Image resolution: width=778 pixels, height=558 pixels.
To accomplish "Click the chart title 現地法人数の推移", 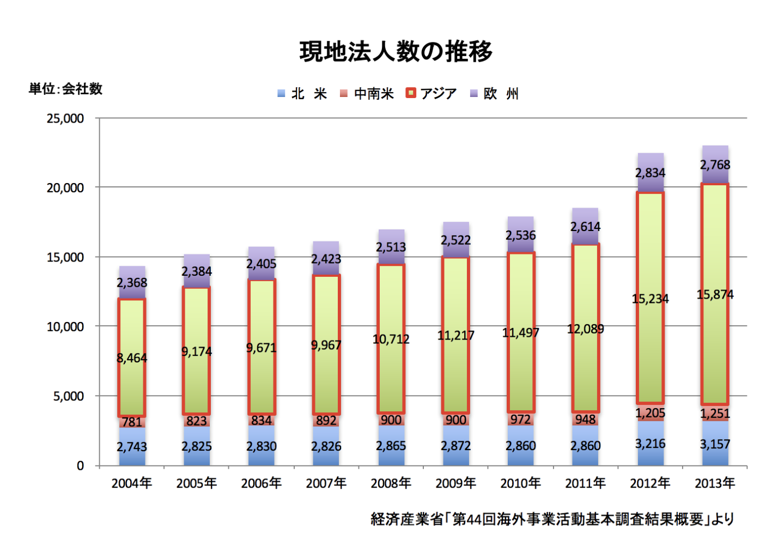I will pos(396,52).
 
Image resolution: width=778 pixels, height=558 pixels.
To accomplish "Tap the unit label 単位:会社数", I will pos(65,89).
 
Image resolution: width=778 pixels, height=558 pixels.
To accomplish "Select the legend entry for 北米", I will pos(302,94).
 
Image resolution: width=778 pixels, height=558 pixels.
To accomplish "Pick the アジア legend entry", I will pos(431,94).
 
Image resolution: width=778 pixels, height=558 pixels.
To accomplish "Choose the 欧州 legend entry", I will pos(495,94).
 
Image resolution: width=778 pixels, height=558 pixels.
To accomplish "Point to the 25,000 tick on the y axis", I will pos(65,118).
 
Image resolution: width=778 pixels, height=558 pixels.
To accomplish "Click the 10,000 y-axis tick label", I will pos(65,326).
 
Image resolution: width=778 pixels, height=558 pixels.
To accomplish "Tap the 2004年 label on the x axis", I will pos(132,483).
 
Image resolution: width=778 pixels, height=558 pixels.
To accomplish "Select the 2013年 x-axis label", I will pos(715,483).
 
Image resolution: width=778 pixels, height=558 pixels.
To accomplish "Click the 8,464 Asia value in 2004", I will pos(132,358).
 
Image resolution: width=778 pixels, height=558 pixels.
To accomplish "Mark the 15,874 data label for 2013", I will pos(715,295).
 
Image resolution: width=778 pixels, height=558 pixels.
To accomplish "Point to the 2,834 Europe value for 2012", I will pos(650,173).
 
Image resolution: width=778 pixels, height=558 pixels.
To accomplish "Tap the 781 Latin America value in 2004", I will pos(132,422).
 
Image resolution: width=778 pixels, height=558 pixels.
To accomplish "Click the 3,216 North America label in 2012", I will pos(650,444).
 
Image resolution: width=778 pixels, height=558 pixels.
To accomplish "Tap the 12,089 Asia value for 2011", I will pos(586,329).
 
